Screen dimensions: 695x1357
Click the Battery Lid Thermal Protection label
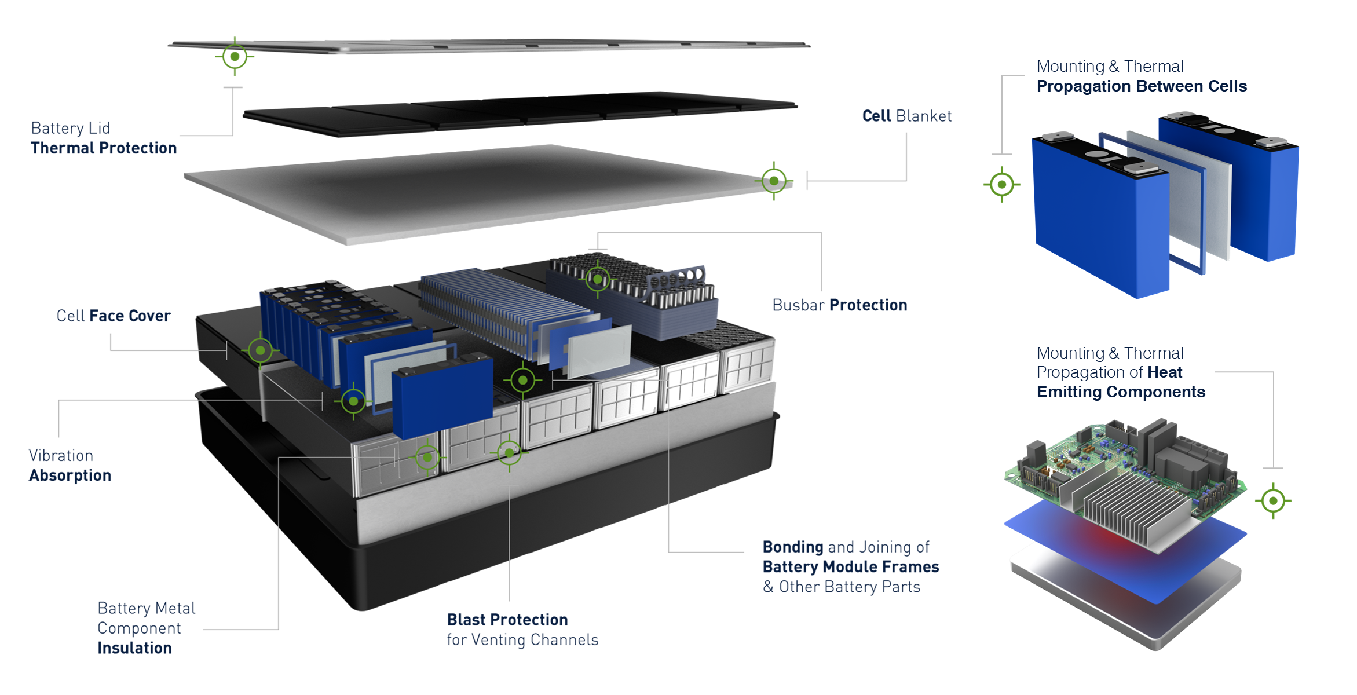[x=104, y=138]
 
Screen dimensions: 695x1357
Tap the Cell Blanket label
[x=906, y=116]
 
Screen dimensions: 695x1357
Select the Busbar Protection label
[x=839, y=305]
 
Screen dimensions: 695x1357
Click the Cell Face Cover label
[x=114, y=316]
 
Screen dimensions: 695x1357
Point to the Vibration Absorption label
[x=70, y=466]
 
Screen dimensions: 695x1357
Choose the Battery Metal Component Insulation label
[x=146, y=628]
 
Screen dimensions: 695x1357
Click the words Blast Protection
[x=507, y=620]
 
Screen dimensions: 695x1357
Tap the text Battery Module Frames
[x=850, y=566]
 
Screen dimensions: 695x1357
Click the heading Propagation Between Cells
[x=1141, y=86]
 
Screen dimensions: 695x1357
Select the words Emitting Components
[x=1121, y=392]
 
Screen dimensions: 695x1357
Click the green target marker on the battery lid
[x=235, y=57]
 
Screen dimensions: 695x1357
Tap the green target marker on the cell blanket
[x=774, y=181]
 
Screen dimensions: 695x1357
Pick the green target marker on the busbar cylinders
[x=598, y=280]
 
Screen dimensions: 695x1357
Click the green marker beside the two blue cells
[x=1001, y=185]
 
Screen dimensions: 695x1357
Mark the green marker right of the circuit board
[x=1273, y=500]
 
